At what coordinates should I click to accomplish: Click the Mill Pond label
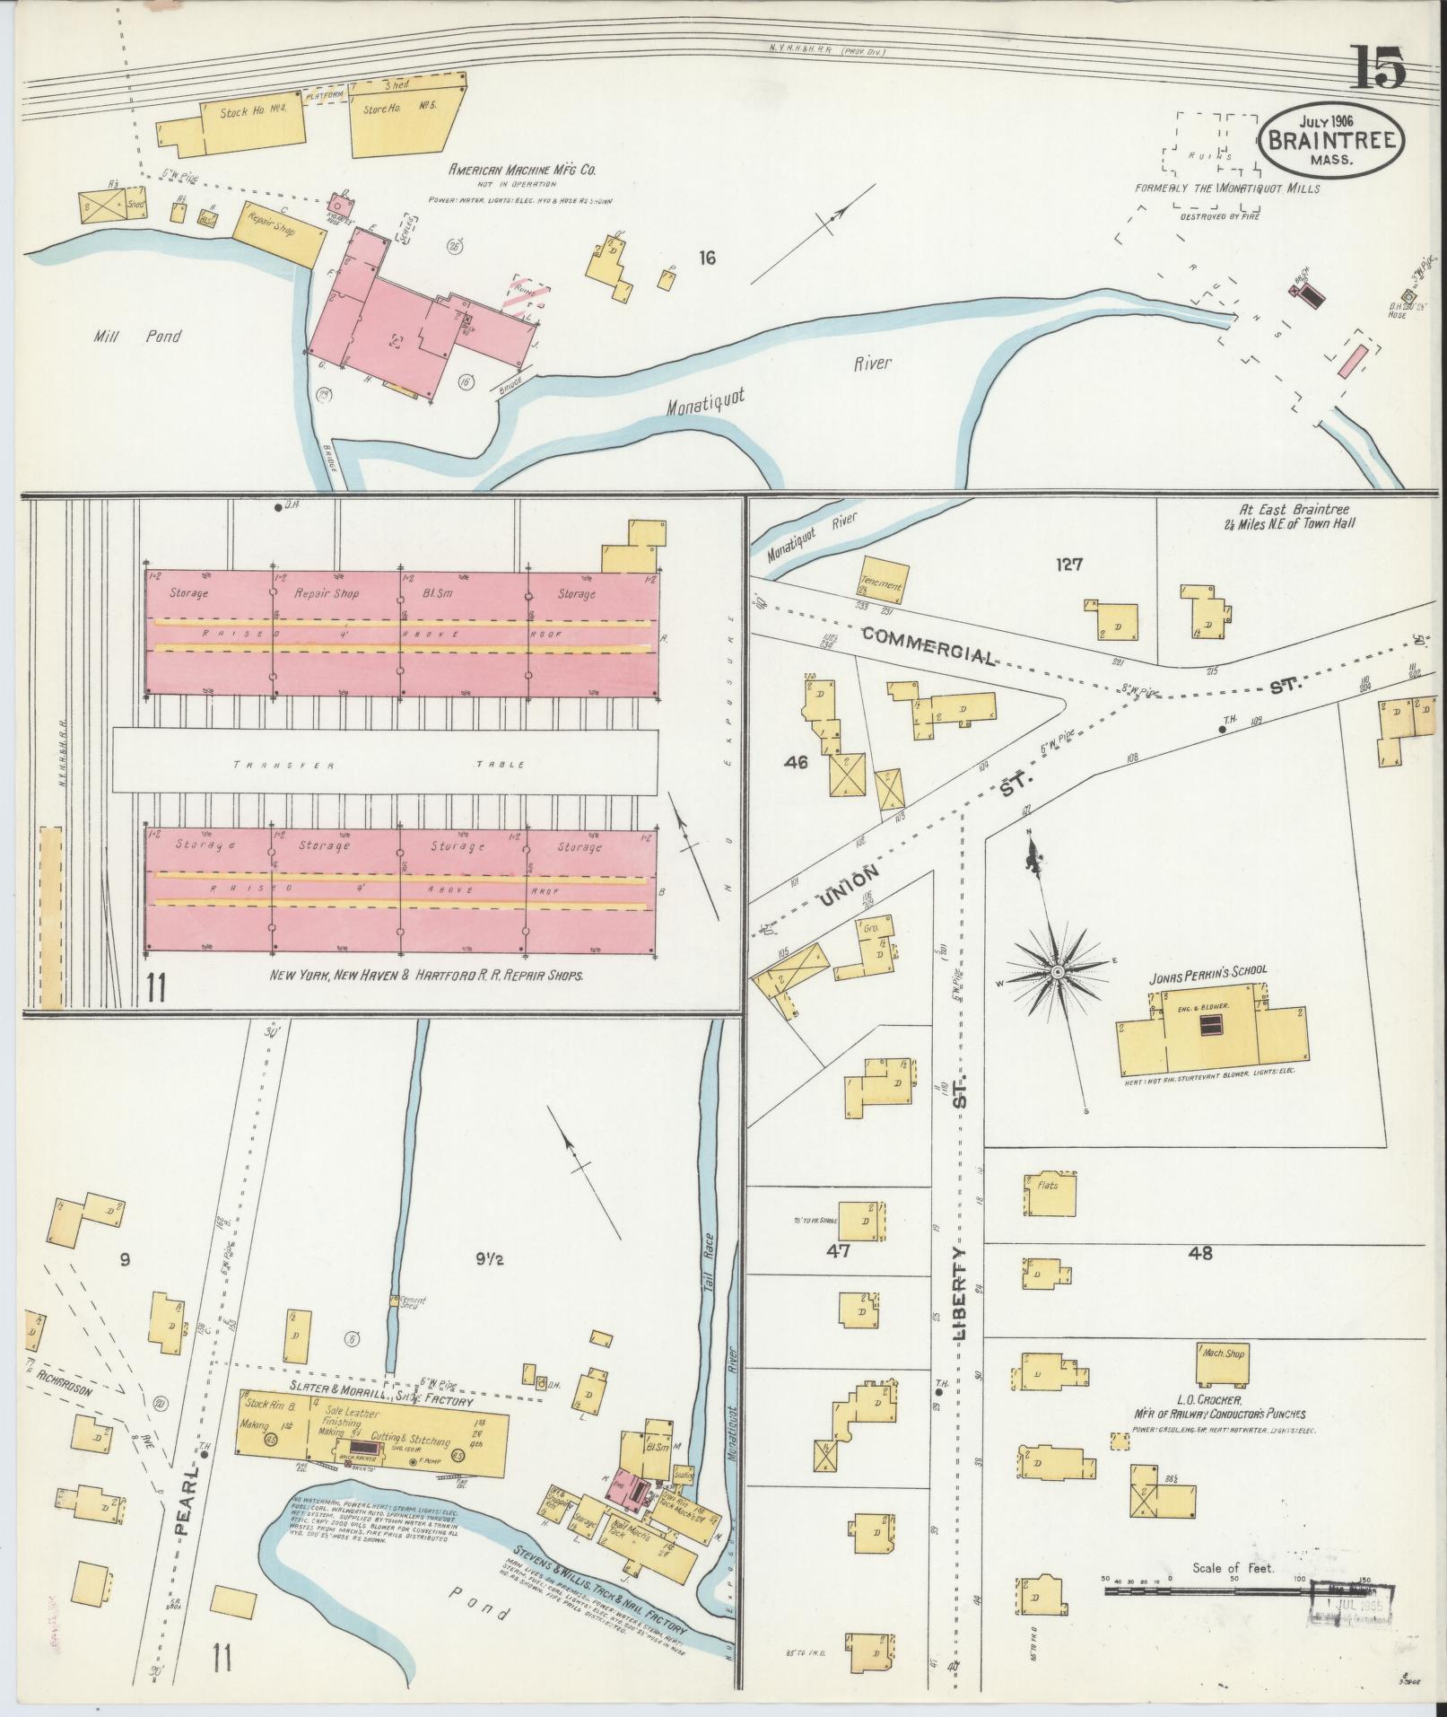tap(137, 337)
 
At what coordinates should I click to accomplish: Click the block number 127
tap(1069, 565)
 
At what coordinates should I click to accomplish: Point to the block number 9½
tap(489, 1259)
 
